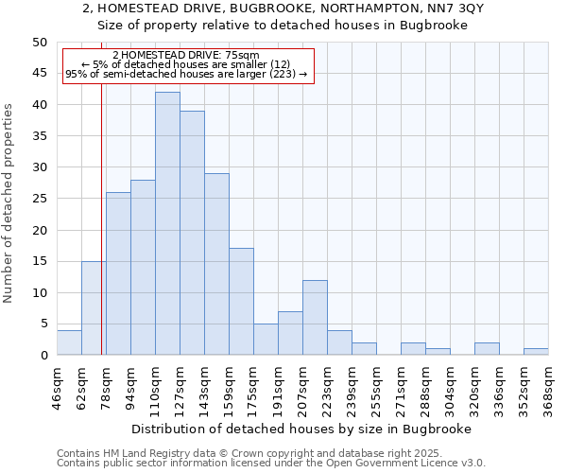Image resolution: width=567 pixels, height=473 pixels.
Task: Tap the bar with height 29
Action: click(216, 264)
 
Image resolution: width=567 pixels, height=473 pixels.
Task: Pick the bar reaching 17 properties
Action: click(241, 302)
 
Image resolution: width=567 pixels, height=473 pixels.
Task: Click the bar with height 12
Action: click(315, 318)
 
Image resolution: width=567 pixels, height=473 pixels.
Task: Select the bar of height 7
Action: click(290, 333)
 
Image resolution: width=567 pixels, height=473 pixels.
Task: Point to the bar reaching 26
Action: click(118, 273)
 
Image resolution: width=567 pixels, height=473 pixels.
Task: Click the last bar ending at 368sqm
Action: click(536, 352)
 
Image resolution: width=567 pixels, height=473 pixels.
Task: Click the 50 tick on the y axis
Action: click(39, 43)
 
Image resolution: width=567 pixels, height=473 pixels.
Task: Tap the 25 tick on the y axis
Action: click(39, 199)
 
